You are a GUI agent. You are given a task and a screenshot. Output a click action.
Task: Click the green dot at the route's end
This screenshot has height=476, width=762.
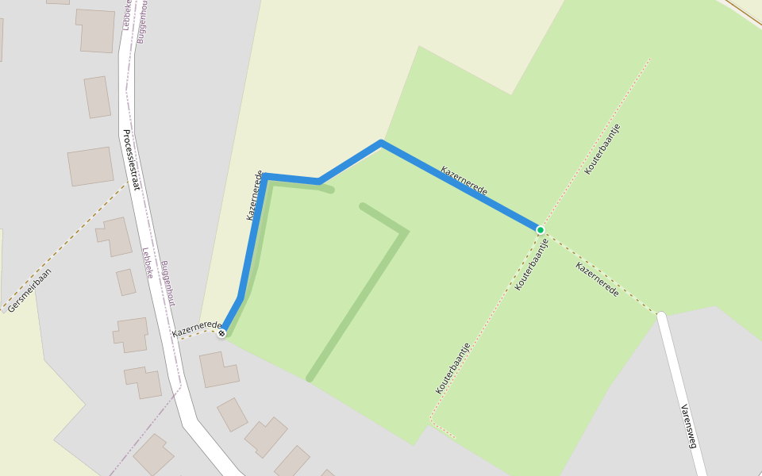(541, 230)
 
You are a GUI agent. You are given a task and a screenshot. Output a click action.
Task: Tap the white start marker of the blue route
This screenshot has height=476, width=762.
(221, 333)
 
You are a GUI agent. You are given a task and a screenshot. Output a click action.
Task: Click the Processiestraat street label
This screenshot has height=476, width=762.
(131, 159)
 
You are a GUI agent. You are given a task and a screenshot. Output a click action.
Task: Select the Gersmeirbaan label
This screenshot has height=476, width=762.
(29, 290)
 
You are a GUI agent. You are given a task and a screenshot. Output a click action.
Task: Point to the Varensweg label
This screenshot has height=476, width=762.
(687, 426)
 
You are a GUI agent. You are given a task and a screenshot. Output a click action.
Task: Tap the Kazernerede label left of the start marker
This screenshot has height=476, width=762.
(196, 328)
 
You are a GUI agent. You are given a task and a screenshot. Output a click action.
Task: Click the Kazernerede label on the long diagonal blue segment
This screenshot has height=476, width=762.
(464, 181)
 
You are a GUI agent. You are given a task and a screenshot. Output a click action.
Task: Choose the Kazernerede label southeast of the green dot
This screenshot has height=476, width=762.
(597, 279)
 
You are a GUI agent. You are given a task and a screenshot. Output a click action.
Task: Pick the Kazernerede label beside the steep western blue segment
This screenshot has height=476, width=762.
(254, 195)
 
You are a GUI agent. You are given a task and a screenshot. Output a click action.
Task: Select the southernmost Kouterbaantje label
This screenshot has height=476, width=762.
(452, 368)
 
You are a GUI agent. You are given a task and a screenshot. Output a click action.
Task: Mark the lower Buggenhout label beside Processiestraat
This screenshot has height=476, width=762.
(167, 283)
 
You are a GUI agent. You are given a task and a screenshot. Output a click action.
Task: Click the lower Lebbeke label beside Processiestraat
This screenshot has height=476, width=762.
(148, 263)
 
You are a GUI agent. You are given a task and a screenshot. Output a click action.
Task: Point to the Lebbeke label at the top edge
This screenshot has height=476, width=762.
(126, 14)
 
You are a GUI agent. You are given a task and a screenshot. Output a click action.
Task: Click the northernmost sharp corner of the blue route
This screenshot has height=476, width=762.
(381, 143)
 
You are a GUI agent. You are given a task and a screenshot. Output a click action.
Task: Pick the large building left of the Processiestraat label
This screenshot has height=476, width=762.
(90, 166)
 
